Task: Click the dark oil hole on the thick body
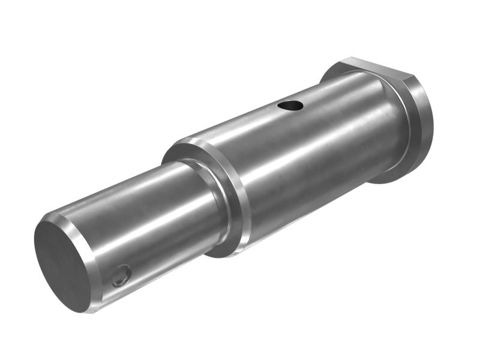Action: pyautogui.click(x=290, y=106)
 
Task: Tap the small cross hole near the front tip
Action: pyautogui.click(x=122, y=276)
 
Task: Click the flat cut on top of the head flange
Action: pyautogui.click(x=378, y=66)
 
